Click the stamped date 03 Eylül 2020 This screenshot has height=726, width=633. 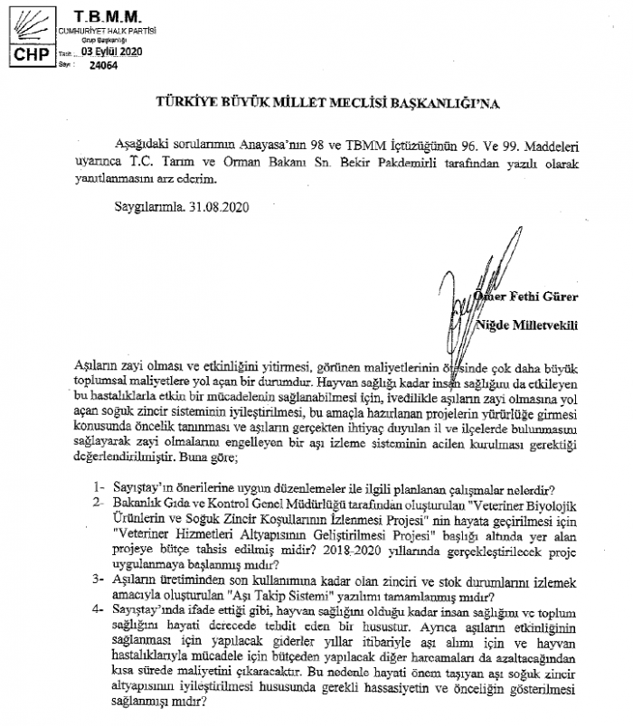click(112, 52)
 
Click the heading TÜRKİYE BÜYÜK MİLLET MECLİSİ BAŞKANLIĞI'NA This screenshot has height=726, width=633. click(316, 103)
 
